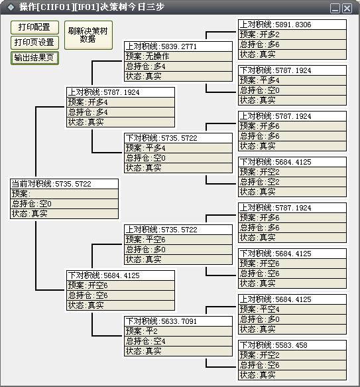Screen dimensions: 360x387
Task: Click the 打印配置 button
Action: [x=34, y=27]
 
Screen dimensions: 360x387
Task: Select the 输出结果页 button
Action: [x=34, y=58]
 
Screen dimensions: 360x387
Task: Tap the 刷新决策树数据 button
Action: [x=88, y=35]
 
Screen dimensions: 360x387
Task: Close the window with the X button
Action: [x=347, y=9]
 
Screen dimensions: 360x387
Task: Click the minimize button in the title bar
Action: [x=335, y=9]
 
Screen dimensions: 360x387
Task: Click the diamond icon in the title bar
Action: [x=11, y=7]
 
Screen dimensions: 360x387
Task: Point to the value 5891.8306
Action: [x=293, y=25]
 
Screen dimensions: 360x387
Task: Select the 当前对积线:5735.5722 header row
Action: [x=64, y=184]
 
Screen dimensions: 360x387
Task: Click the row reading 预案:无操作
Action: [x=178, y=56]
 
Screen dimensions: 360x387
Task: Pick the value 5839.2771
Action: [x=179, y=46]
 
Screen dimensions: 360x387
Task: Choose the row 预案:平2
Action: [x=178, y=331]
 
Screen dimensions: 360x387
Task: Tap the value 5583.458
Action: [x=291, y=345]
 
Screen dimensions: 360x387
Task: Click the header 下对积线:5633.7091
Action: [x=178, y=321]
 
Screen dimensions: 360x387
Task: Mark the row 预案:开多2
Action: [x=292, y=35]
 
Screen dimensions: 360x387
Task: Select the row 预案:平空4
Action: [x=292, y=309]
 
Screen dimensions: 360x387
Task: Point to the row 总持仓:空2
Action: [x=292, y=182]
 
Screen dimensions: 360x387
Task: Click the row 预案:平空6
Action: [x=178, y=240]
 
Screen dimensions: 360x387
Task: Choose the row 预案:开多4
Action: [x=121, y=102]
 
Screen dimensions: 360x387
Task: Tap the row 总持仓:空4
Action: [x=178, y=341]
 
